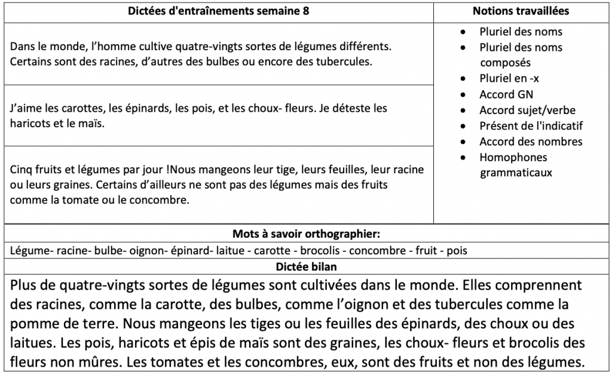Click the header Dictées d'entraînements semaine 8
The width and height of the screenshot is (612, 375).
(219, 11)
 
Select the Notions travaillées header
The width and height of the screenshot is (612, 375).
(521, 11)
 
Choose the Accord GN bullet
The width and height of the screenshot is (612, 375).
(506, 94)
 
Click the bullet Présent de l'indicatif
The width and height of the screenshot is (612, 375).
(531, 126)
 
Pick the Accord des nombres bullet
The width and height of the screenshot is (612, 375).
(531, 142)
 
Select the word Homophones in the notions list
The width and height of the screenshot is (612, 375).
(513, 157)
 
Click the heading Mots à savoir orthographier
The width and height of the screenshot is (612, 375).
(306, 233)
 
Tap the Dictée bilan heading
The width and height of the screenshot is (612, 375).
(306, 265)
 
